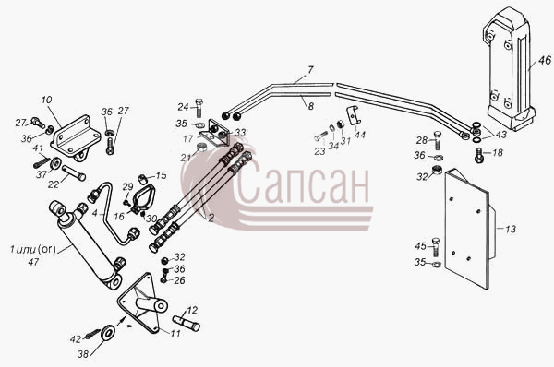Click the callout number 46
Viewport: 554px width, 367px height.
pyautogui.click(x=545, y=60)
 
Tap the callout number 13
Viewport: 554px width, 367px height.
pyautogui.click(x=511, y=230)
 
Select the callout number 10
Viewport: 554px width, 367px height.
pyautogui.click(x=47, y=100)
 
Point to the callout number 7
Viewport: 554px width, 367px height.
pyautogui.click(x=310, y=70)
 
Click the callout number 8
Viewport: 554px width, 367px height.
pyautogui.click(x=311, y=106)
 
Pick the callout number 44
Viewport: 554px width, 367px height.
pyautogui.click(x=360, y=135)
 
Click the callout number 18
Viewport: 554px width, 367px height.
pyautogui.click(x=497, y=153)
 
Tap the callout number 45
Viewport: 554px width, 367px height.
pyautogui.click(x=421, y=246)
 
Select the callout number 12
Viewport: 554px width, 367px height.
pyautogui.click(x=192, y=310)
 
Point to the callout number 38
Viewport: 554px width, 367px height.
pyautogui.click(x=83, y=353)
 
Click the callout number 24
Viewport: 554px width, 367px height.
pyautogui.click(x=184, y=107)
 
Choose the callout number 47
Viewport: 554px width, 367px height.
pyautogui.click(x=33, y=262)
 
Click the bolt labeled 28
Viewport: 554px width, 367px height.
pyautogui.click(x=438, y=140)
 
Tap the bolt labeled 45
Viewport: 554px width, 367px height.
pyautogui.click(x=436, y=247)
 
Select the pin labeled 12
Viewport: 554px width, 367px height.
pyautogui.click(x=187, y=324)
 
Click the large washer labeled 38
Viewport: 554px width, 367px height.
pyautogui.click(x=107, y=333)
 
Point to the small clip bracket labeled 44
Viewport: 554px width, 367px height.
pyautogui.click(x=354, y=114)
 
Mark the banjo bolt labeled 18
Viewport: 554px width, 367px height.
pyautogui.click(x=477, y=155)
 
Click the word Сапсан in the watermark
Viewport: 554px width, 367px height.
pyautogui.click(x=302, y=183)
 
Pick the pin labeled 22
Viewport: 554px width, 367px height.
pyautogui.click(x=74, y=173)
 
